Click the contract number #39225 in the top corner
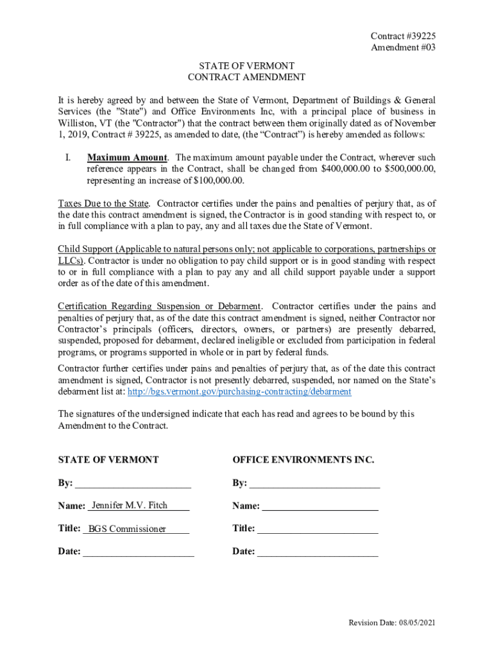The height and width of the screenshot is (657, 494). pos(416,37)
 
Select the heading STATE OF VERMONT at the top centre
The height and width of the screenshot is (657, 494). pos(247,66)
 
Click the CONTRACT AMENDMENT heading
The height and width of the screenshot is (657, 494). pos(247,78)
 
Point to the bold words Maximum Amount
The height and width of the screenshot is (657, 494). pos(127,157)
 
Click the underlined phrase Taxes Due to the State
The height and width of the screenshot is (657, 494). pos(104,203)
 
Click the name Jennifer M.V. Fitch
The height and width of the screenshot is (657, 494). pos(130,506)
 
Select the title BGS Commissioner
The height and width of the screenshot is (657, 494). pos(127,529)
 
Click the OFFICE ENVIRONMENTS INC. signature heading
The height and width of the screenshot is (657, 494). pos(303,460)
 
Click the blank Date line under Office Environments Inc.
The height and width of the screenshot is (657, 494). pos(318,552)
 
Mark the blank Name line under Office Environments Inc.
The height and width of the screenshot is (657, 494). pos(320,507)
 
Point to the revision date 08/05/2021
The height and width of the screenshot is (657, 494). pos(416,623)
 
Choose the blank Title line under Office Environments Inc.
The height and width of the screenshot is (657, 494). pos(318,529)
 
